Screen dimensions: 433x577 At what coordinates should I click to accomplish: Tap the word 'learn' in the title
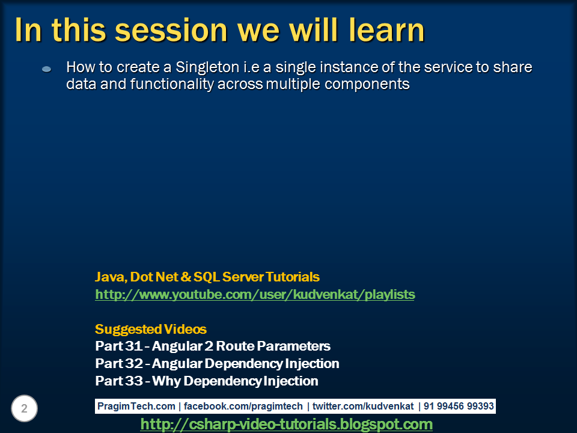[x=385, y=30]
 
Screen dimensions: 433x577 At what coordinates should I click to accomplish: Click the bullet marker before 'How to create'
[x=47, y=70]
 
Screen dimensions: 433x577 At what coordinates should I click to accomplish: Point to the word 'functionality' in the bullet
[x=166, y=84]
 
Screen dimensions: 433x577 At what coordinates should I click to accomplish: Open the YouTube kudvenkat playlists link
[x=255, y=295]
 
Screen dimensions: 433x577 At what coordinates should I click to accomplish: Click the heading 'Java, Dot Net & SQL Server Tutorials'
[x=207, y=277]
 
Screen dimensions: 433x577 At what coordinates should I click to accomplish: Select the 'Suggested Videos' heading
[x=151, y=330]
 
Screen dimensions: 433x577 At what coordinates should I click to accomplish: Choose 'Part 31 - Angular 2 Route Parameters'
[x=213, y=346]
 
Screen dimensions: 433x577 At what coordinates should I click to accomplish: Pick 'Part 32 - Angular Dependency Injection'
[x=217, y=364]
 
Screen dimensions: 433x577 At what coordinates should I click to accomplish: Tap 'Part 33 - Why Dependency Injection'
[x=207, y=381]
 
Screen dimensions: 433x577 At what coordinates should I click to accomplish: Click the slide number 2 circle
[x=24, y=409]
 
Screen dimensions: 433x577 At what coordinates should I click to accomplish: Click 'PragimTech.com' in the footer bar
[x=137, y=407]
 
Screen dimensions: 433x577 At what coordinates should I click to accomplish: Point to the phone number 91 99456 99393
[x=459, y=407]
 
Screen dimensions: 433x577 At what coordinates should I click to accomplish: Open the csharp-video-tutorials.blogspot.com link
[x=287, y=425]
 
